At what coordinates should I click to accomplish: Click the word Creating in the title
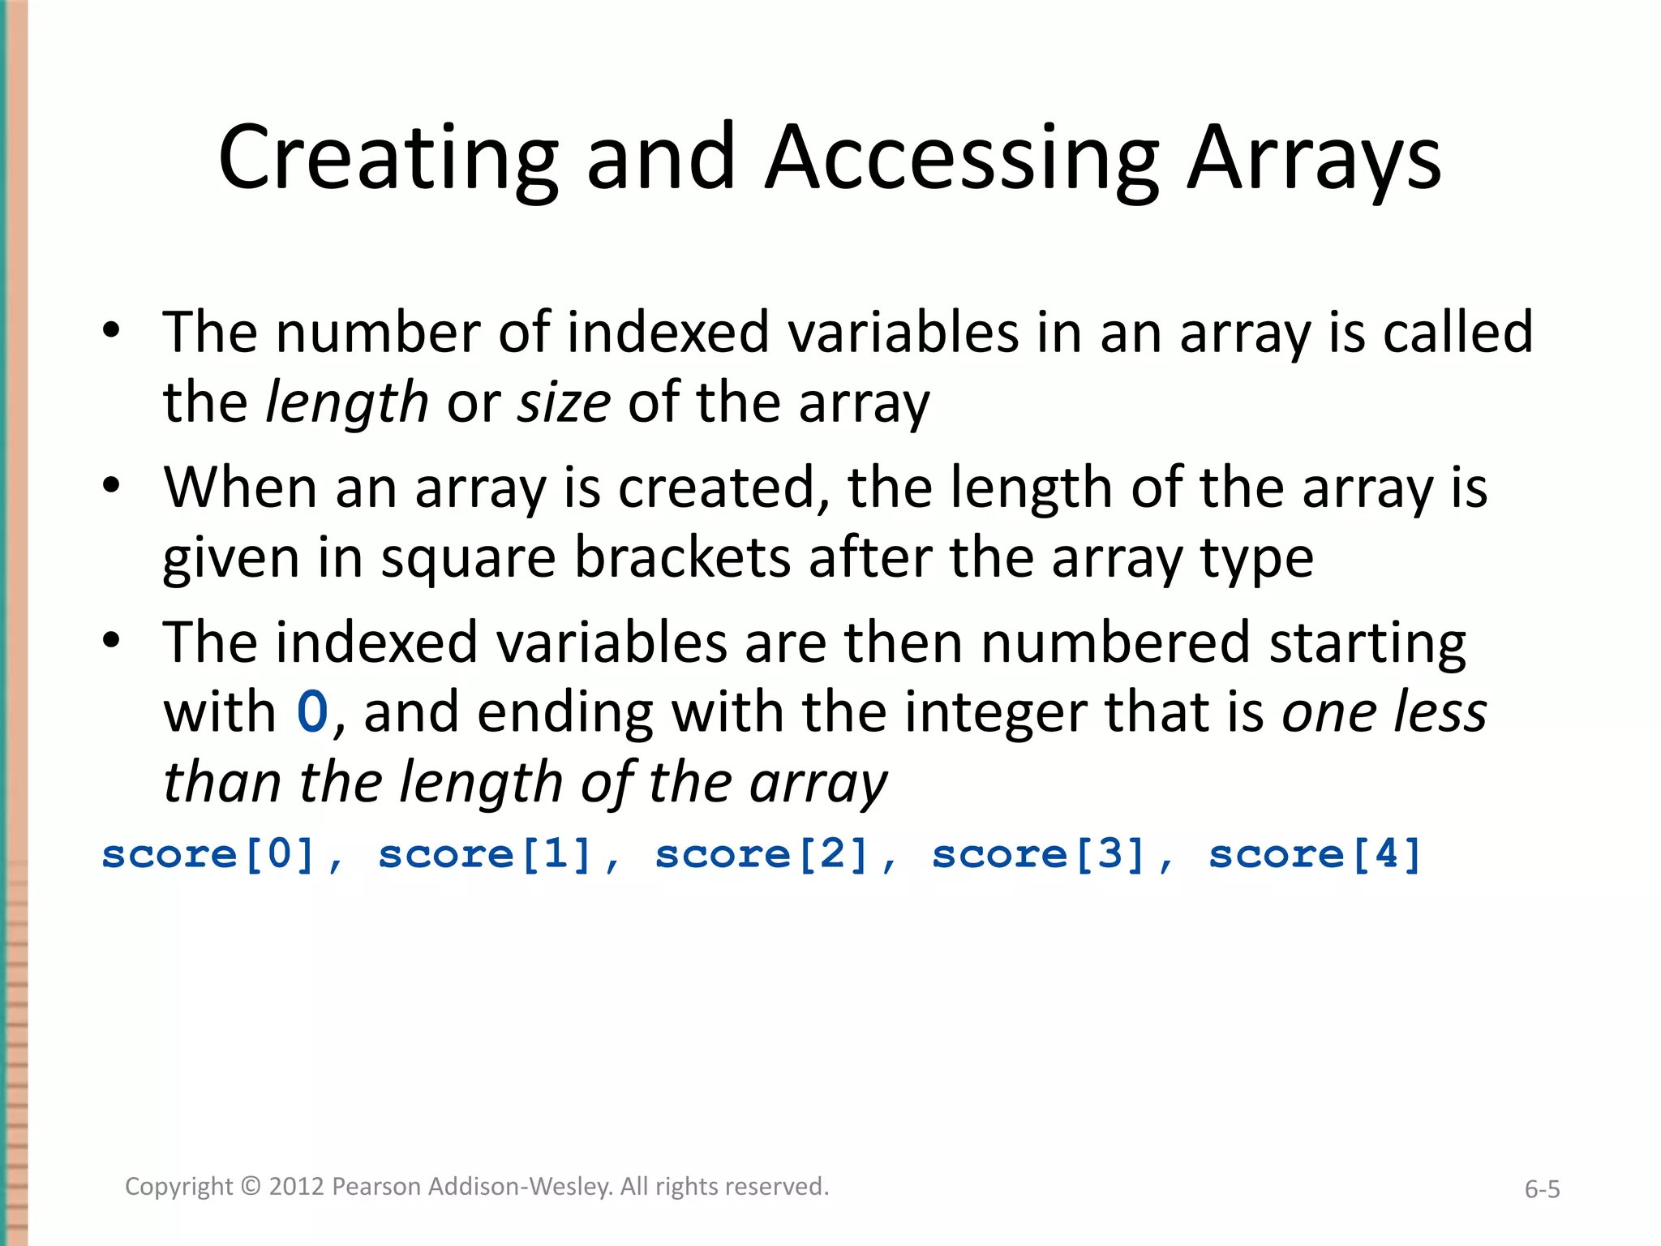388,158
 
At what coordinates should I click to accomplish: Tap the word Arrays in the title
1314,158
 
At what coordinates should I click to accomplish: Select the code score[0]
208,854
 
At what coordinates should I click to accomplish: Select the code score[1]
485,854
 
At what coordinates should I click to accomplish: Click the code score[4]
1315,854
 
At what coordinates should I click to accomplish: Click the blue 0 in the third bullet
312,712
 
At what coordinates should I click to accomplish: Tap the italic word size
564,402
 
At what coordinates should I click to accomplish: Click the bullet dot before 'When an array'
112,485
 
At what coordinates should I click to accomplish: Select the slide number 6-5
1542,1189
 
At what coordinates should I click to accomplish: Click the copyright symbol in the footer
251,1187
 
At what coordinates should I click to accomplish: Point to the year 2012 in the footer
297,1187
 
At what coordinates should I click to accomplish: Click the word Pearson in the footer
377,1187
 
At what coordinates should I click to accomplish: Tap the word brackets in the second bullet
682,558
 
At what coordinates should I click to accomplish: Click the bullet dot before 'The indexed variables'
112,640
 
